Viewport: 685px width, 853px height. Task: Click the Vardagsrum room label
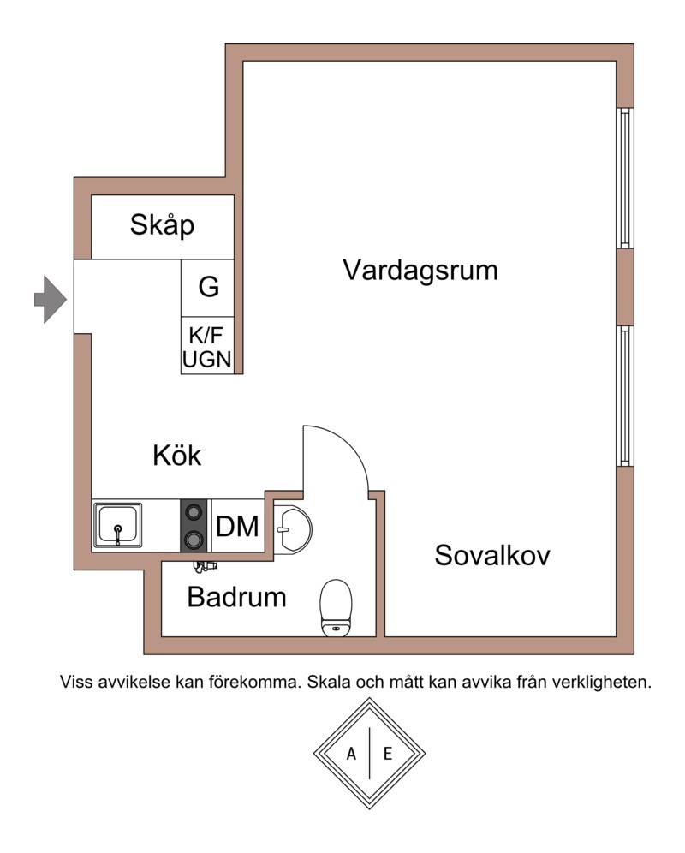420,271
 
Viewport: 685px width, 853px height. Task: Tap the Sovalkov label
491,556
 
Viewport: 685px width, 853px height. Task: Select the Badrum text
236,597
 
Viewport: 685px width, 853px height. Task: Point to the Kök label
177,456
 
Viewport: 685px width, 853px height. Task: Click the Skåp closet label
162,225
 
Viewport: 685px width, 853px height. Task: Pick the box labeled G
208,288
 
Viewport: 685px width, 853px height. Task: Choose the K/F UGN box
207,345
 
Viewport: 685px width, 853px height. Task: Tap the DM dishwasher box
237,526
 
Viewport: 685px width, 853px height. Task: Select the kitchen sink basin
117,526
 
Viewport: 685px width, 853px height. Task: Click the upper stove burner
194,512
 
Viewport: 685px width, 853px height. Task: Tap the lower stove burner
194,540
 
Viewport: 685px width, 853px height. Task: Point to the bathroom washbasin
292,529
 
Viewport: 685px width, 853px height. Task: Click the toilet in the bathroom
337,608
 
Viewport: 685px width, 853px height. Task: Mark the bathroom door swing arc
348,446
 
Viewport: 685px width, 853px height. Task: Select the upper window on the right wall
625,178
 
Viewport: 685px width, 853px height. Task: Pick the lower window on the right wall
625,396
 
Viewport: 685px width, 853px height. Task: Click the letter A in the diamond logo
351,754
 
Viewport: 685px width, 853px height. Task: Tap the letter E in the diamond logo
387,754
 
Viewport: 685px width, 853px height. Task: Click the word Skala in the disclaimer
328,683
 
